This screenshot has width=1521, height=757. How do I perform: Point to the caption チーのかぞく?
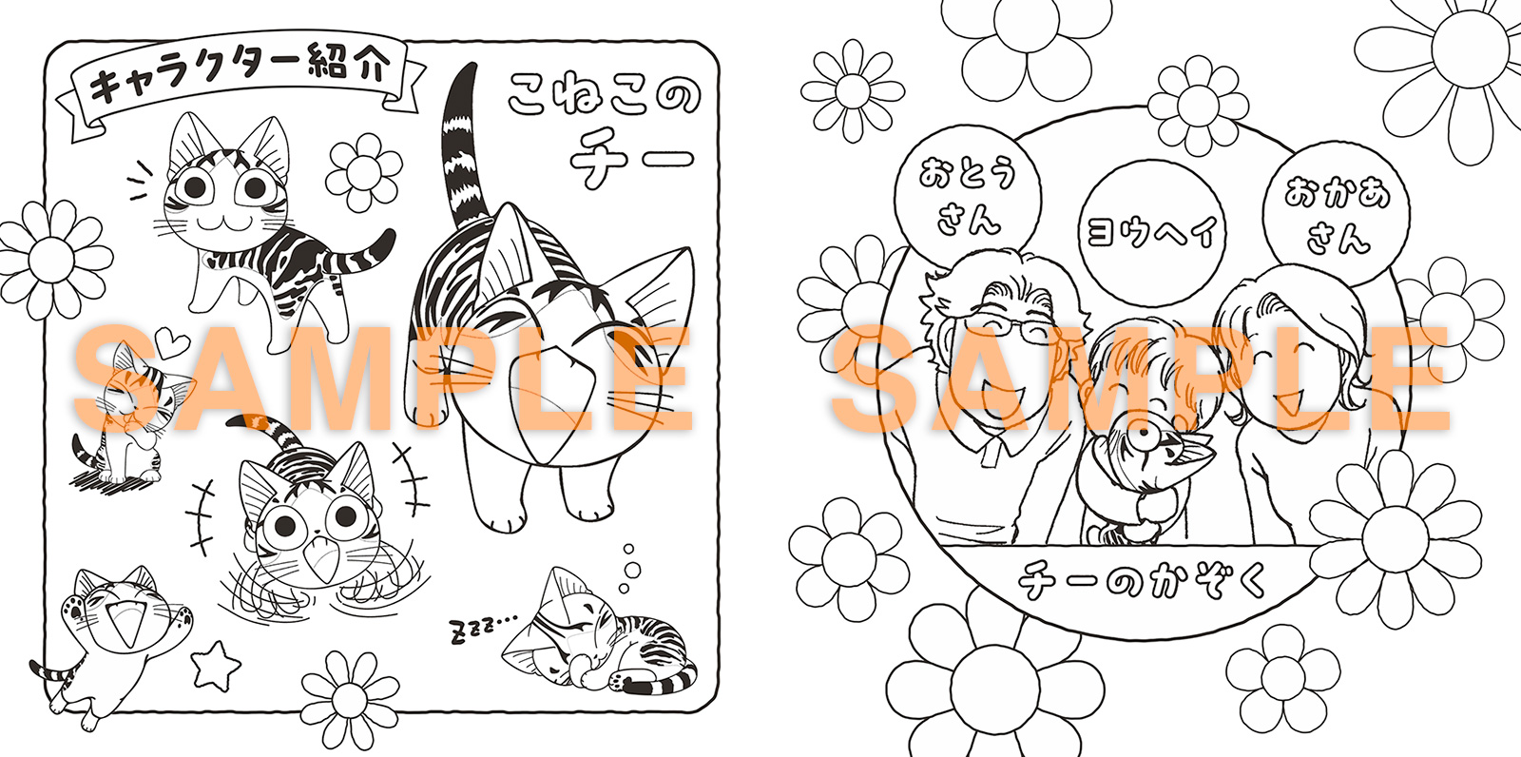click(1141, 581)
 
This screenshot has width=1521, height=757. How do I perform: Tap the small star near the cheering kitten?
click(216, 666)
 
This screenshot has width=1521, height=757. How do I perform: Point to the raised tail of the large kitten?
click(464, 146)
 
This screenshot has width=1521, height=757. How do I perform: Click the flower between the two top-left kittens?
click(364, 172)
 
